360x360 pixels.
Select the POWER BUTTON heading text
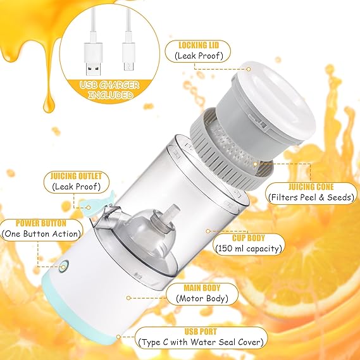tap(41, 223)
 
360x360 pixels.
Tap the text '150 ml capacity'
tap(248, 248)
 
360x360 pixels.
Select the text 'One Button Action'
tap(42, 234)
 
